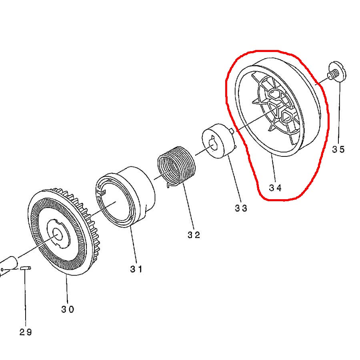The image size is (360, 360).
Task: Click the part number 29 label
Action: click(26, 332)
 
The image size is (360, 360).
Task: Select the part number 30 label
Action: click(68, 309)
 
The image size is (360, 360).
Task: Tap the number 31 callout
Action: click(136, 269)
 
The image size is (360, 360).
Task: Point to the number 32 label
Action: click(194, 235)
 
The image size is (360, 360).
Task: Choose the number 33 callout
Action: click(241, 208)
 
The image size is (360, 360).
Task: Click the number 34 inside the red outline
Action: click(275, 188)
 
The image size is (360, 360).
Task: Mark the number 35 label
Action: click(338, 150)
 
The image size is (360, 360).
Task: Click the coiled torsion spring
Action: click(176, 166)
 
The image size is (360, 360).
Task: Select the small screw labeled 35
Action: click(337, 72)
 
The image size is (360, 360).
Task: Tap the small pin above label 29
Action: click(25, 268)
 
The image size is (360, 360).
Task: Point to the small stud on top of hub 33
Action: click(232, 131)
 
